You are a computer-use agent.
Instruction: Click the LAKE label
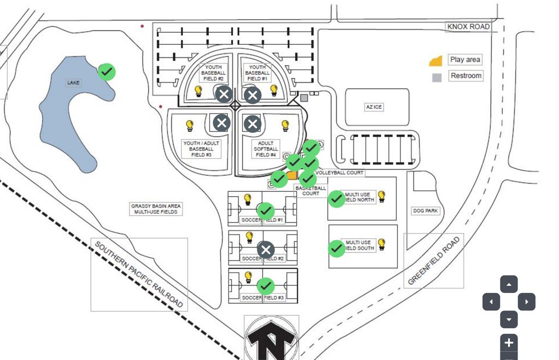click(73, 83)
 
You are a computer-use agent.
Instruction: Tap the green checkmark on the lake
click(107, 72)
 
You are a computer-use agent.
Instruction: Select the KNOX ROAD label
click(468, 27)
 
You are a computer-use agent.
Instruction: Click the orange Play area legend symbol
click(436, 61)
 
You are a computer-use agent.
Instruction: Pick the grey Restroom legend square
click(437, 78)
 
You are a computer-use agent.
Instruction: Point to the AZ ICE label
click(374, 107)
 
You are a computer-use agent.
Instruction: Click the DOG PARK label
click(425, 211)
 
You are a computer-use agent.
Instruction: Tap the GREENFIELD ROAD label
click(434, 261)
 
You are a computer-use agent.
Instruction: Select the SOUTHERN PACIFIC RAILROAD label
click(139, 275)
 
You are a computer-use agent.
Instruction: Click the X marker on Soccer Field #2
click(266, 250)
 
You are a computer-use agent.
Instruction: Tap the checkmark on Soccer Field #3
click(266, 286)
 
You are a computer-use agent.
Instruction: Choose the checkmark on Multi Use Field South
click(336, 249)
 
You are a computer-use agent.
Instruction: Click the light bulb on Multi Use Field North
click(381, 196)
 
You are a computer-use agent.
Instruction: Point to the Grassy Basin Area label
click(156, 209)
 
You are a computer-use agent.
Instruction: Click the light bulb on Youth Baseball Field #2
click(198, 91)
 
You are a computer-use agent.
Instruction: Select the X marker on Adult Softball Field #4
click(252, 124)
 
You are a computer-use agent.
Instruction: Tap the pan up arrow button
click(509, 285)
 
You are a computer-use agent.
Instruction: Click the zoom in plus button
click(509, 343)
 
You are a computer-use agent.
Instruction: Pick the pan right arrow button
click(526, 302)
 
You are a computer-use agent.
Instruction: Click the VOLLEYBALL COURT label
click(339, 173)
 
